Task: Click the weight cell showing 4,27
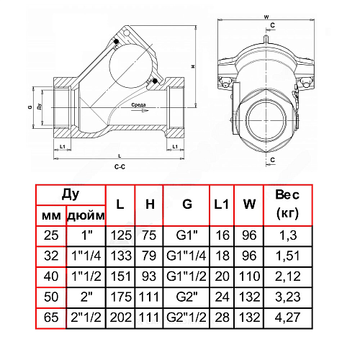click(287, 318)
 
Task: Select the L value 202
click(120, 318)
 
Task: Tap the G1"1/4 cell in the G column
click(186, 256)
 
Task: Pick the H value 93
click(149, 276)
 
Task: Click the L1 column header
click(221, 204)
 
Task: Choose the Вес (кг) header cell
click(287, 204)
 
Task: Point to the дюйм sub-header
click(86, 216)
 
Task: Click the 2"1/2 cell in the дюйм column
click(86, 318)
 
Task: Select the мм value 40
click(51, 276)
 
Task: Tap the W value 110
click(249, 276)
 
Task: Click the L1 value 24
click(222, 297)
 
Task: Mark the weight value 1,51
click(287, 256)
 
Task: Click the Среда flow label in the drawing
click(138, 105)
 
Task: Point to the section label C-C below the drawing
click(120, 166)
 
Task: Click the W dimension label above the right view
click(266, 17)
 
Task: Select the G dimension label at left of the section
click(30, 107)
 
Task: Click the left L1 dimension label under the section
click(63, 146)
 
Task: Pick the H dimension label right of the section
click(193, 66)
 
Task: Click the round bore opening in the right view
click(266, 121)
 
